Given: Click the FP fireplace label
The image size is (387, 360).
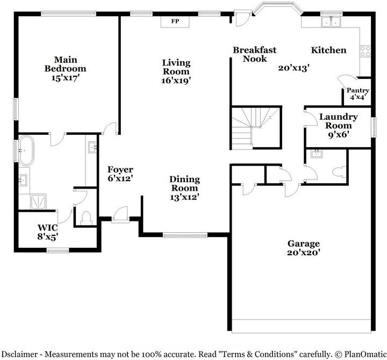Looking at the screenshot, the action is pos(175,21).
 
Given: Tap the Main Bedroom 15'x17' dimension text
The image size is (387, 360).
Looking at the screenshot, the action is pos(65,78).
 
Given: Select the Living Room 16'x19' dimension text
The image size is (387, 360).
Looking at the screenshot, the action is pos(176,81).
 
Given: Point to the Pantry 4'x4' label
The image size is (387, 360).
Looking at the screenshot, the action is pos(357,93).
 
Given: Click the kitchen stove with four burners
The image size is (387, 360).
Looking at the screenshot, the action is pos(365,51).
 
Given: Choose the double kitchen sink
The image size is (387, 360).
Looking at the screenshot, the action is pos(331,22).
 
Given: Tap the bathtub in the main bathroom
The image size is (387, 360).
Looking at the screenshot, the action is pos(26,150).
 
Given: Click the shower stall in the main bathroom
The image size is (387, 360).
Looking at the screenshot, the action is pos(38,201).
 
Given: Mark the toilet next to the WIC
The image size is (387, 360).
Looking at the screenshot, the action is pos(86,218).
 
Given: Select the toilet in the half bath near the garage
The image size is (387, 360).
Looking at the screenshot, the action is pos(339,172).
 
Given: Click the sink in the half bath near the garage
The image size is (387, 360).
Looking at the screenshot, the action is pos(316,154).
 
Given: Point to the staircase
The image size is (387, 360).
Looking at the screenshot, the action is pos(256,127).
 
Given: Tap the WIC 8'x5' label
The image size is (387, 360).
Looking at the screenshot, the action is pos(48,232).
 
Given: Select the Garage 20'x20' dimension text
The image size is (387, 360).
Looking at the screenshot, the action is pos(304,253).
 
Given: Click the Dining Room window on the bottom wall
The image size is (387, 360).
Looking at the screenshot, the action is pos(185,235).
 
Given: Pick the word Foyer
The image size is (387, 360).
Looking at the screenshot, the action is pos(120,169).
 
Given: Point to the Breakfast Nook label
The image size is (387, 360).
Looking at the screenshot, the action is pos(255,54).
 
